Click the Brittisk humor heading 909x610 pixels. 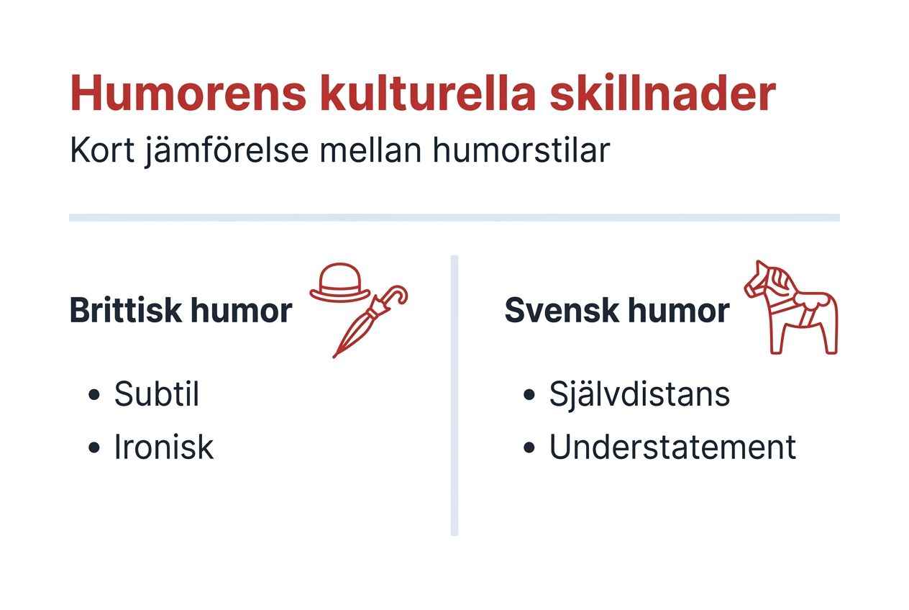click(181, 311)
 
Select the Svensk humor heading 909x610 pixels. click(617, 311)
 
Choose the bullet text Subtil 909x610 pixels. click(156, 394)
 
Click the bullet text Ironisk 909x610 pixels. click(164, 447)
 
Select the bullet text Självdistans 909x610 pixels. click(639, 394)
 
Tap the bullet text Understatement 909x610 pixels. click(672, 447)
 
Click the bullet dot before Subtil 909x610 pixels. click(93, 396)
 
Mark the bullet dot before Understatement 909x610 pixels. click(530, 448)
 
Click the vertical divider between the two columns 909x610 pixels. click(454, 396)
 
